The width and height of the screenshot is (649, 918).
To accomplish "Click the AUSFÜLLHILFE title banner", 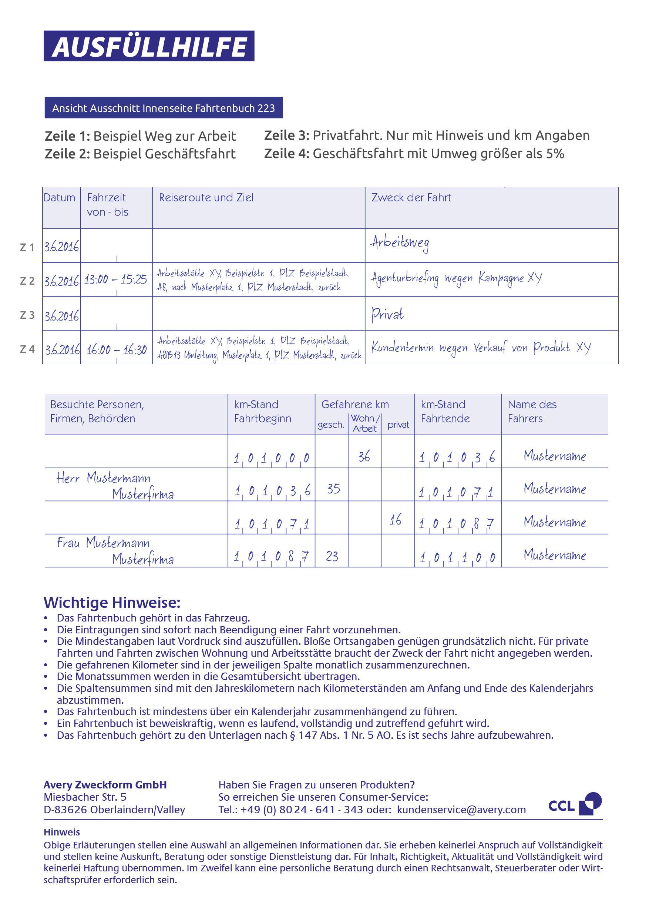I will (149, 46).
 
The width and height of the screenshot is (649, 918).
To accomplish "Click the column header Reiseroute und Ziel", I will (206, 198).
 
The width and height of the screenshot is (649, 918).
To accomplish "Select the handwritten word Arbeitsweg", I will (400, 243).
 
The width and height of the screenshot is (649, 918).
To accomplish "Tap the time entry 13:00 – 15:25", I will (115, 279).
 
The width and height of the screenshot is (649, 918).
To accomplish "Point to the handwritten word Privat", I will (387, 314).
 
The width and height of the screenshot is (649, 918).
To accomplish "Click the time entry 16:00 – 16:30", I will (116, 350).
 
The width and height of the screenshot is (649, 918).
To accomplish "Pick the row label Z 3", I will (27, 315).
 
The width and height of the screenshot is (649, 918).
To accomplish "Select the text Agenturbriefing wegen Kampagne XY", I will (456, 278).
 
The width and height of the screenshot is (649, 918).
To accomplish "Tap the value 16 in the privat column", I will (395, 520).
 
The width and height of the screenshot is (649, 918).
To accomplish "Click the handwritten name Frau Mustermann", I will (103, 543).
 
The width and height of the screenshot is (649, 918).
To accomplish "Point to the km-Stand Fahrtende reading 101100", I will (457, 557).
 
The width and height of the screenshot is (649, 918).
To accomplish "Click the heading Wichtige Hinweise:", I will (112, 602).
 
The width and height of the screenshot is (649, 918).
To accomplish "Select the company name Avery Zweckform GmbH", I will (105, 785).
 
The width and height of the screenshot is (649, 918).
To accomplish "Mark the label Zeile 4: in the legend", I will (286, 154).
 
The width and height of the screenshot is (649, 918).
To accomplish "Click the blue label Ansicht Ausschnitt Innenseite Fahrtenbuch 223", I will (164, 108).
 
